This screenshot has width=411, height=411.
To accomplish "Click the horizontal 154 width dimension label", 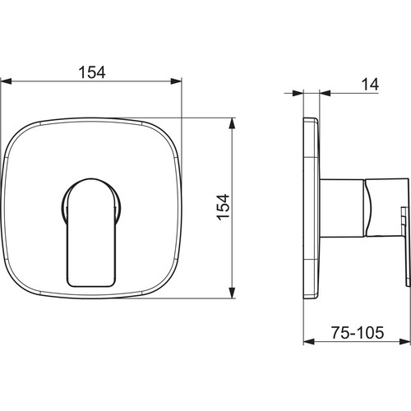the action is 92,72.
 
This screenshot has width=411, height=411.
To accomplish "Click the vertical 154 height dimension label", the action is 224,207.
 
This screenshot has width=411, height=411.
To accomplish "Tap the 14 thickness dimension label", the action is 370,85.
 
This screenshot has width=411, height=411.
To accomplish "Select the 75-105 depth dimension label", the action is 358,333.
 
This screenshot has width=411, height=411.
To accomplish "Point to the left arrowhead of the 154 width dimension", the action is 6,81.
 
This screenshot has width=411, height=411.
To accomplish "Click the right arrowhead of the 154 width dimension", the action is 176,81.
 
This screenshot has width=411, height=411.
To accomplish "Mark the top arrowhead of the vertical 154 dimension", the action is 232,123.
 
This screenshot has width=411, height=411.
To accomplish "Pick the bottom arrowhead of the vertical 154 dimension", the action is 232,293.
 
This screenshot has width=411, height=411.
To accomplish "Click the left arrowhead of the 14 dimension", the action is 298,93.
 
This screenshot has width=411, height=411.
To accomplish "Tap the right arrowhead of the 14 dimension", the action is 326,93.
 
